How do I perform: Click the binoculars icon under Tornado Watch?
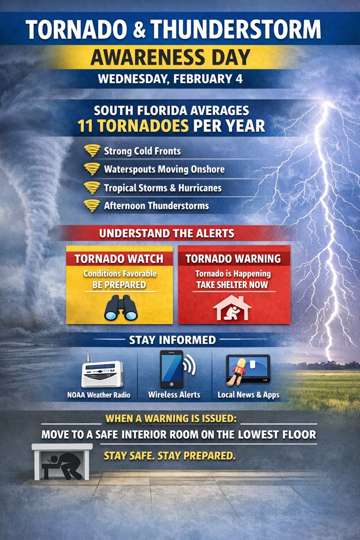click(121, 307)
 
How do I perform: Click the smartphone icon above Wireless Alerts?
click(171, 369)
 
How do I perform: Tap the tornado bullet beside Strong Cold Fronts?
click(92, 151)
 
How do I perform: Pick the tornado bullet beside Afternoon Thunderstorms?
click(92, 206)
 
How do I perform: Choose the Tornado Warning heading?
click(233, 259)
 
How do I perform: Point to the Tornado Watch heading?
click(119, 259)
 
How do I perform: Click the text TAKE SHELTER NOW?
click(232, 285)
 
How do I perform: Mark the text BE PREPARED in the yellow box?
click(119, 285)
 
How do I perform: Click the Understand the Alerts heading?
click(167, 234)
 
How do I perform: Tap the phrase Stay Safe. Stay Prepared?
click(170, 456)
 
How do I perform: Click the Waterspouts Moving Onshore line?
click(164, 169)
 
